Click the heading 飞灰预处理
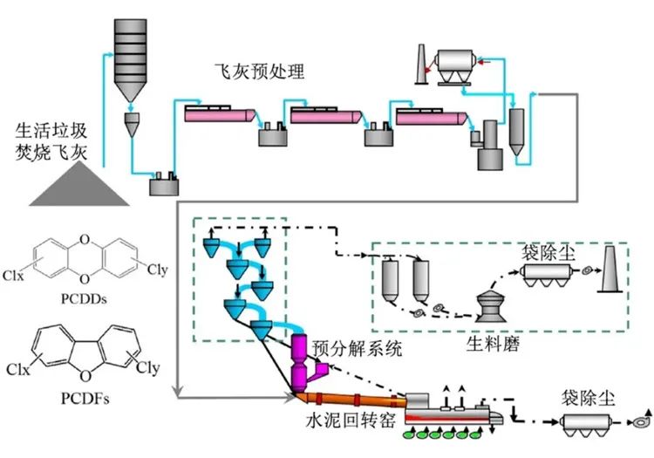259,72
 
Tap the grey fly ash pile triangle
78,187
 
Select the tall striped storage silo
131,59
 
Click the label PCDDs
84,299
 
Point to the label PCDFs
85,399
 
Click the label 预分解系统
358,348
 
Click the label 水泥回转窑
351,420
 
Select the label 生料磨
493,345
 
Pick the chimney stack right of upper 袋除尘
610,269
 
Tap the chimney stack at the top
421,65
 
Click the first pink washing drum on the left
220,115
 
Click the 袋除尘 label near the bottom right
587,398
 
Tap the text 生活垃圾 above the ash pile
51,131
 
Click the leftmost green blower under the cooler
409,434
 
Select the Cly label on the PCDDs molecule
157,270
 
